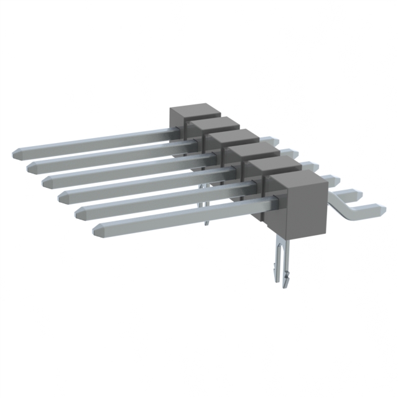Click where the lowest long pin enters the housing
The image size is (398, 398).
pos(264,199)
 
